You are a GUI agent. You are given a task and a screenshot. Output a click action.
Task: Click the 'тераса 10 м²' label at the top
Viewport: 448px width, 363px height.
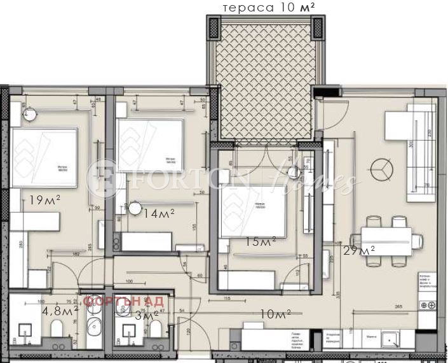[x=267, y=8]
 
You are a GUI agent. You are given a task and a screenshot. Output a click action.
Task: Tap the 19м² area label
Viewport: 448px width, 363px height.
[x=44, y=200]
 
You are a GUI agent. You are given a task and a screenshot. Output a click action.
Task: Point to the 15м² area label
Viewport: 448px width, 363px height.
[x=261, y=241]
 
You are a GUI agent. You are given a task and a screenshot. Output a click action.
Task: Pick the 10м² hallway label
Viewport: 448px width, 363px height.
[x=275, y=313]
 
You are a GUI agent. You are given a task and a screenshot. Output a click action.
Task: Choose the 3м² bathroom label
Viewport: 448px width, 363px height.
[x=147, y=315]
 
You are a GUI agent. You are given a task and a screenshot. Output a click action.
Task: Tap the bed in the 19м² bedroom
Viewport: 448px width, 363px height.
[x=44, y=157]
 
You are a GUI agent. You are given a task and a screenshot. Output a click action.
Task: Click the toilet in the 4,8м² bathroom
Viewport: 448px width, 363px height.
[x=55, y=329]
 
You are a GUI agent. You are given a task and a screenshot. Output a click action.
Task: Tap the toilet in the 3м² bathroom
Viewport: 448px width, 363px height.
[x=155, y=329]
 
